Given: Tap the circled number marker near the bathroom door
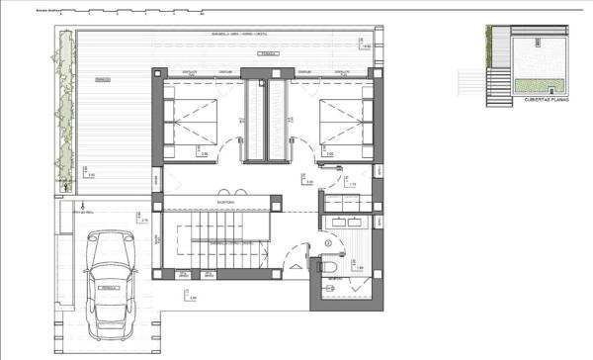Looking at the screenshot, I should click(x=327, y=242).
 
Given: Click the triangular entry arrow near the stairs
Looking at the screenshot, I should click(x=294, y=266).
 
